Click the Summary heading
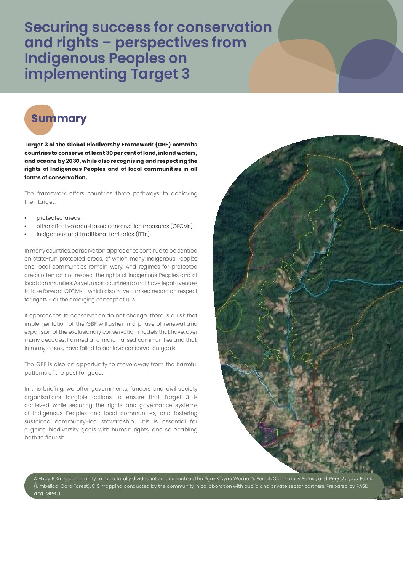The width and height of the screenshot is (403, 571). coord(59,119)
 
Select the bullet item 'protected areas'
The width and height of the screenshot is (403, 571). coord(58,218)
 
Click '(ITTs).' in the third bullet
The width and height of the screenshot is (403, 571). coord(143,234)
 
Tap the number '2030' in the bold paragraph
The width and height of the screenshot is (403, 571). coord(72,161)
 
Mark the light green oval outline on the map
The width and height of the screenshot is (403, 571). coord(229,315)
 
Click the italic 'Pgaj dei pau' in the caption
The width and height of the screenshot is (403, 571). coord(343,479)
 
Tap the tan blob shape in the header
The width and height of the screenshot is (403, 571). coord(289,69)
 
